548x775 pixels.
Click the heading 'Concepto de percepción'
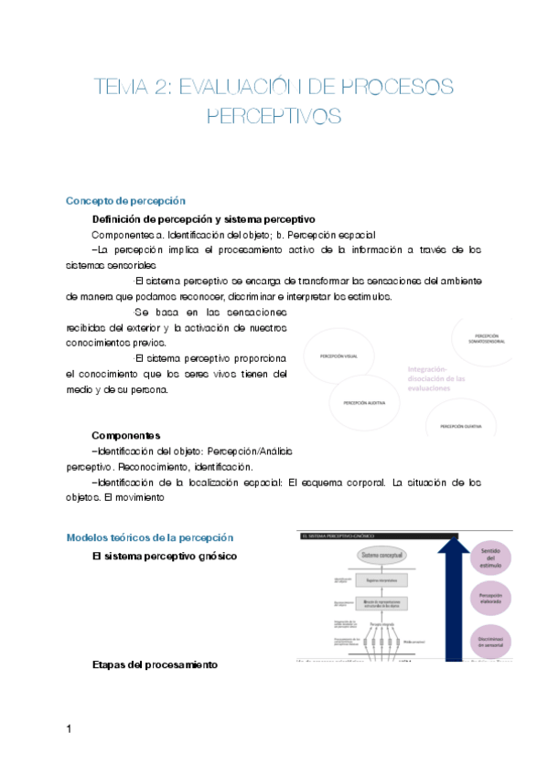125,201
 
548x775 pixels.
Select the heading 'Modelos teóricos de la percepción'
150,537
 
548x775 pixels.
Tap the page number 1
69,728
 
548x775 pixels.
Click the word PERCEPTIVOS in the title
274,116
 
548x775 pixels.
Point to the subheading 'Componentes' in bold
126,436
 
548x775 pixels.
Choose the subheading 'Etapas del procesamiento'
155,665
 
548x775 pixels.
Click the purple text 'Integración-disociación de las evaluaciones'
435,378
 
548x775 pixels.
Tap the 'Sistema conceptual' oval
369,555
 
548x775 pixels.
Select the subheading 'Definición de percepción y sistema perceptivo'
203,219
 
